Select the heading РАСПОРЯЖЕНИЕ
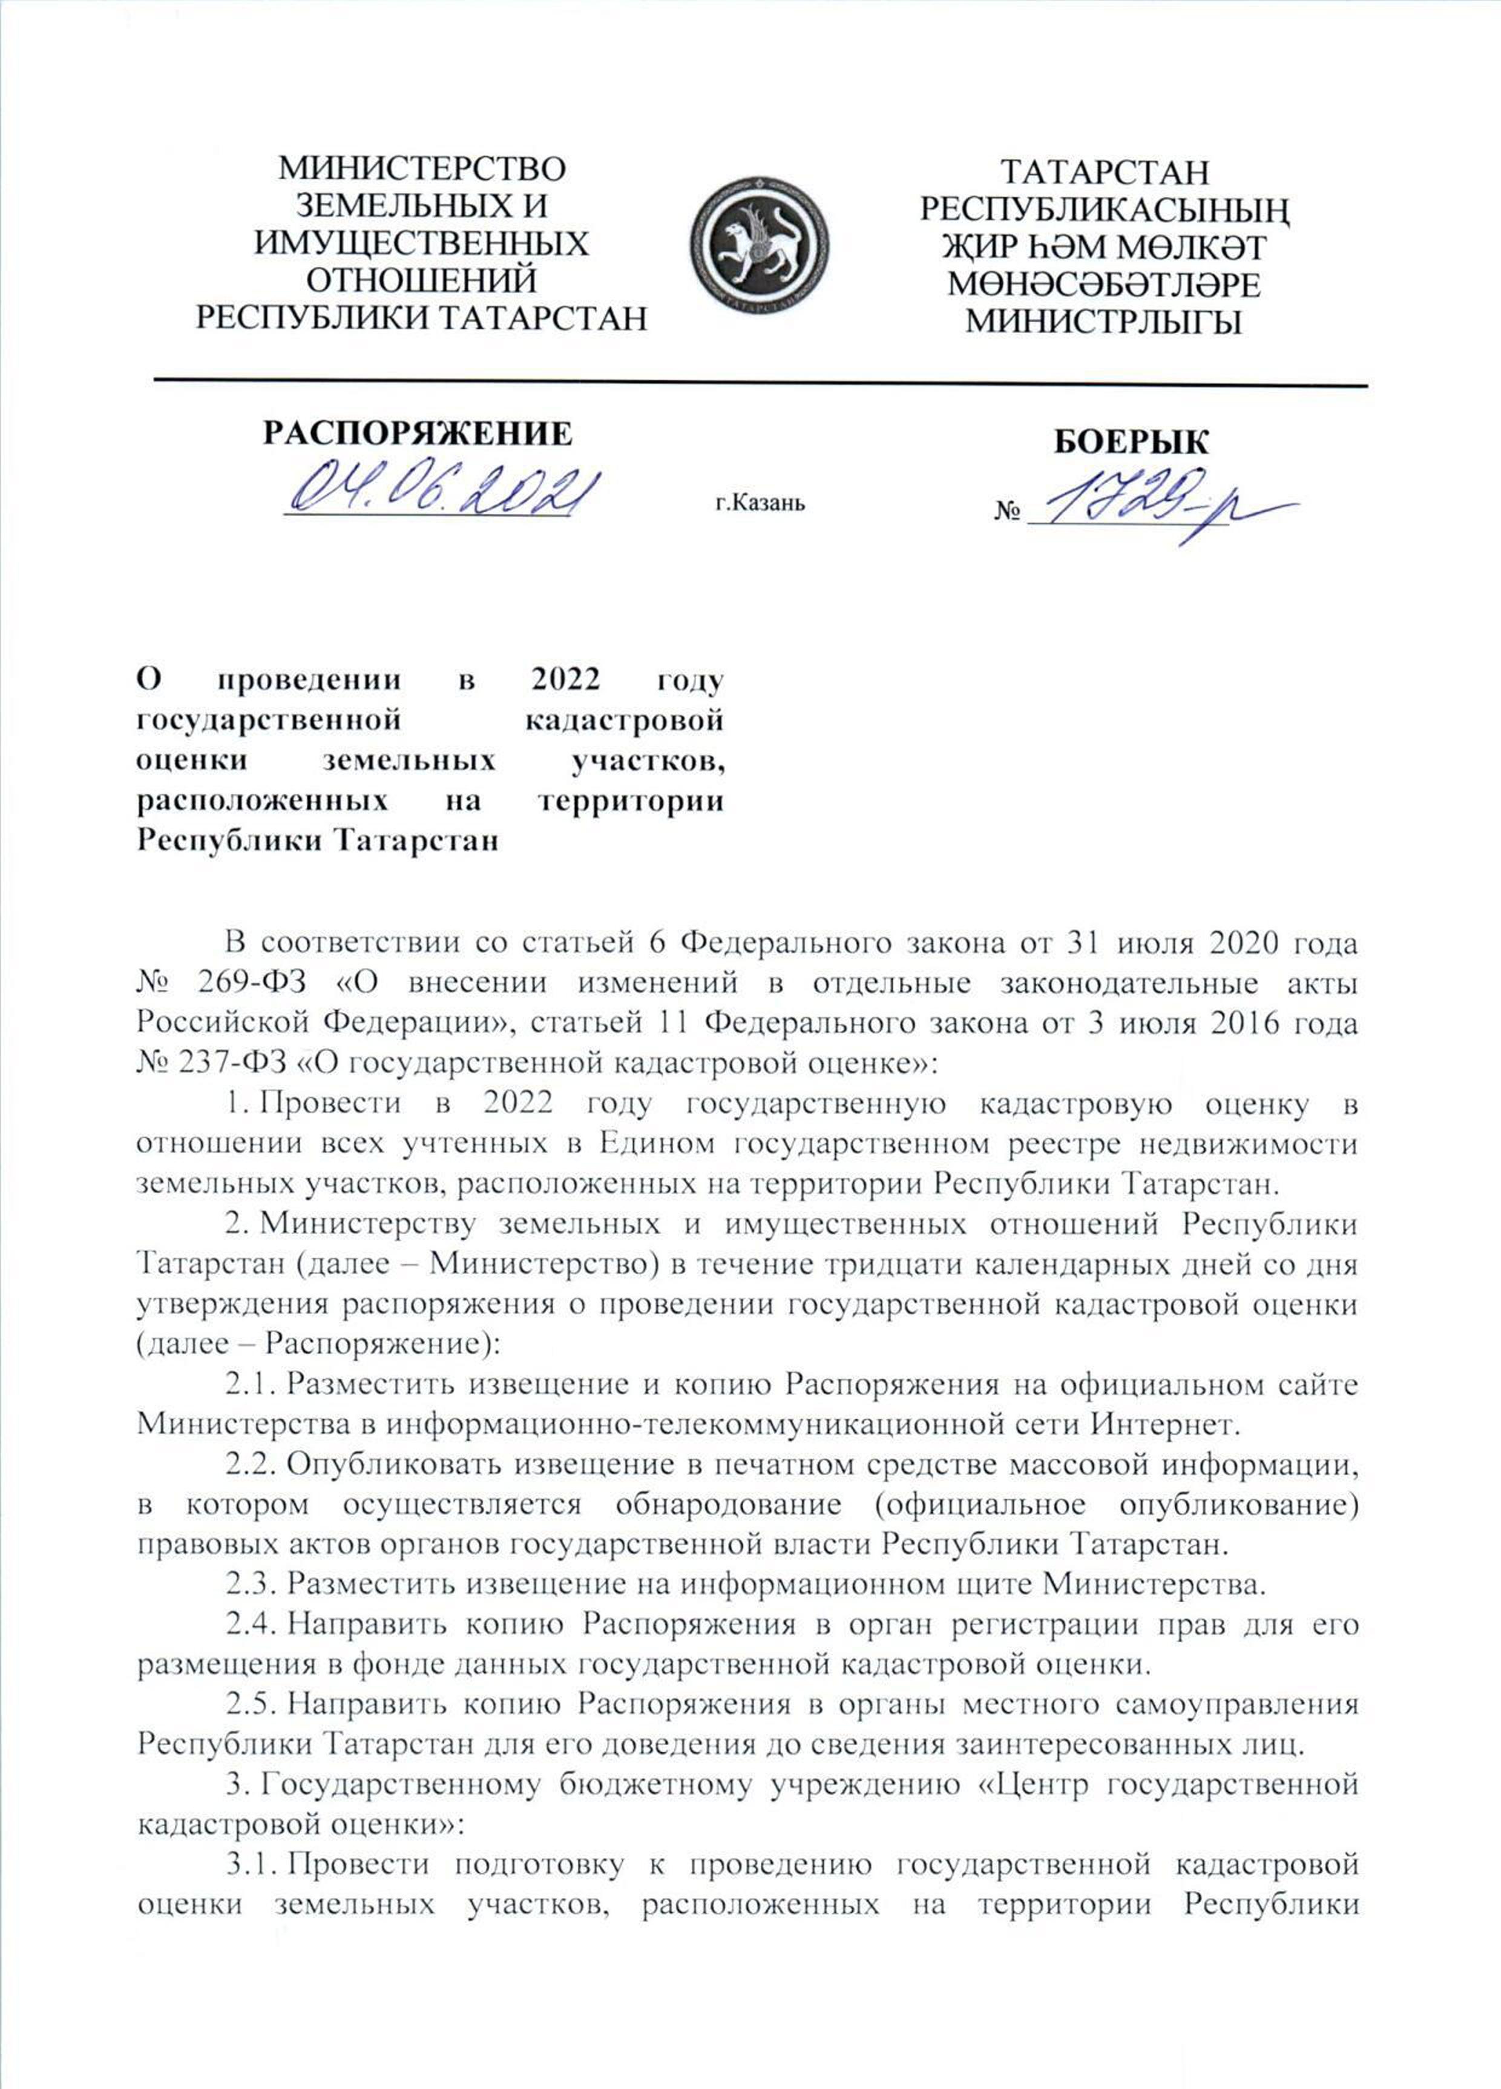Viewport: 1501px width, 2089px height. (x=416, y=433)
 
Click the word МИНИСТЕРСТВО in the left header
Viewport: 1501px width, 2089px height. (x=422, y=170)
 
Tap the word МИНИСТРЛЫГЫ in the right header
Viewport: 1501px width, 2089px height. (x=1106, y=322)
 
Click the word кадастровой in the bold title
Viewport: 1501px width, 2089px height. (x=623, y=719)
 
